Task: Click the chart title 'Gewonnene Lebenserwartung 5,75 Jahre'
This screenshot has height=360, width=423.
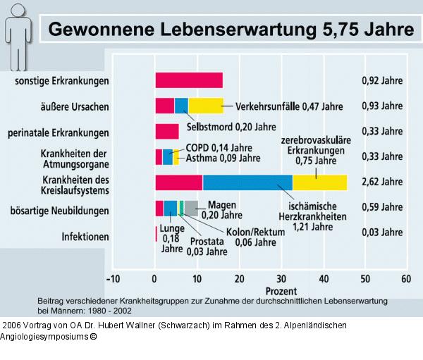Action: pyautogui.click(x=230, y=30)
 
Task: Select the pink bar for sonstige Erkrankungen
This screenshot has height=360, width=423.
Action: pyautogui.click(x=188, y=80)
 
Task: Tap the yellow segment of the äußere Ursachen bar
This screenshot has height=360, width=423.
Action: pyautogui.click(x=205, y=106)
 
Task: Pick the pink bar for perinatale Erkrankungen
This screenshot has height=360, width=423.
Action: pyautogui.click(x=166, y=131)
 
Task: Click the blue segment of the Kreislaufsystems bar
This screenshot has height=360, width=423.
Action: pyautogui.click(x=247, y=182)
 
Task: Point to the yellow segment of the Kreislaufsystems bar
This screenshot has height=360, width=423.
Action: pyautogui.click(x=319, y=182)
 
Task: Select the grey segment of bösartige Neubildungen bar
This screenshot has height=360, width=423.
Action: pyautogui.click(x=191, y=209)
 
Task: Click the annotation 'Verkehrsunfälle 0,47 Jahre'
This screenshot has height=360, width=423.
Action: pyautogui.click(x=288, y=107)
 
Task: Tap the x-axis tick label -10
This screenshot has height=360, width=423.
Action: pyautogui.click(x=113, y=278)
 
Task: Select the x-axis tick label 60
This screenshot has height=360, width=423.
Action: pyautogui.click(x=405, y=278)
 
